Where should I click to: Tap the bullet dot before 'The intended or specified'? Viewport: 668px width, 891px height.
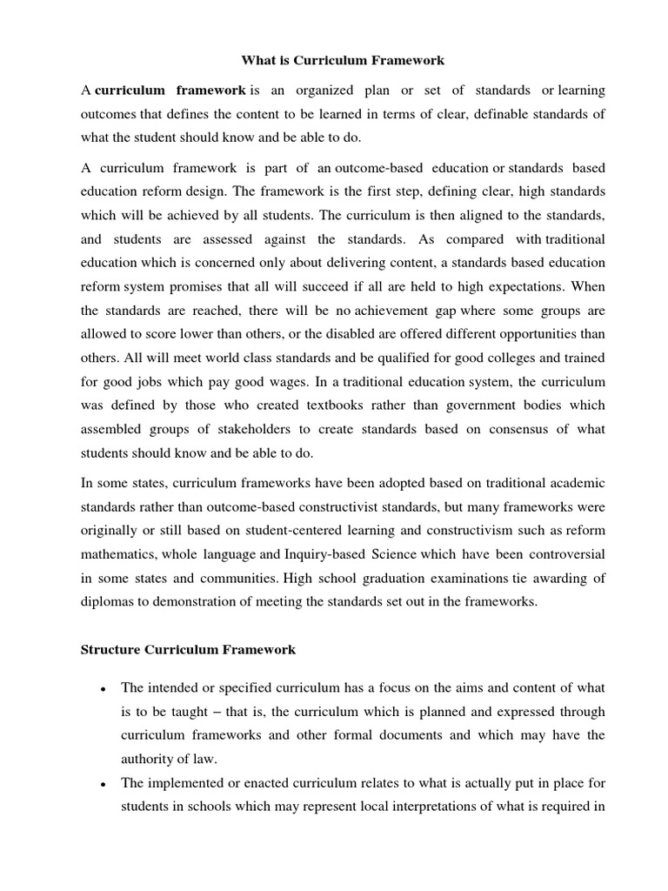104,689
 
